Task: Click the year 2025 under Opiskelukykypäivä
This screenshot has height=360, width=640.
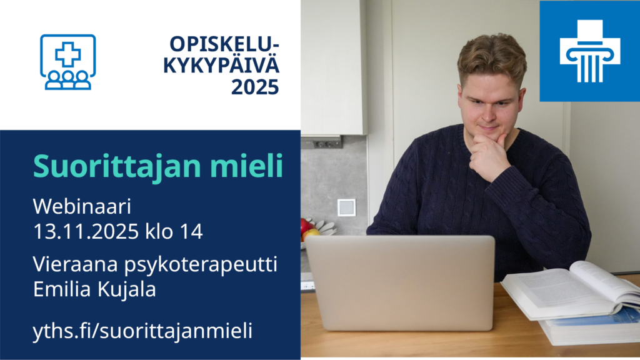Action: click(x=255, y=87)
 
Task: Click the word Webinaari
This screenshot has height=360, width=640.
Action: click(x=82, y=206)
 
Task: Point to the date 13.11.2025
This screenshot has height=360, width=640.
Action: click(x=86, y=231)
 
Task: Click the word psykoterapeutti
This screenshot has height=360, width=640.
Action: click(x=201, y=265)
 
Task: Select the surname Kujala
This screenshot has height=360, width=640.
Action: click(x=126, y=289)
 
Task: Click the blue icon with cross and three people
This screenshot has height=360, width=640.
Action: click(x=68, y=62)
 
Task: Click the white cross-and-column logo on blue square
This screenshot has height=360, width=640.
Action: click(x=590, y=51)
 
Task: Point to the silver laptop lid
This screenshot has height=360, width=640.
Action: click(x=401, y=282)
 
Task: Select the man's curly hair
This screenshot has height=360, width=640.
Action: click(x=492, y=57)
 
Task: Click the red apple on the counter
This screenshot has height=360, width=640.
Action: click(x=306, y=226)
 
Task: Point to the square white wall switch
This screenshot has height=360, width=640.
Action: click(x=346, y=207)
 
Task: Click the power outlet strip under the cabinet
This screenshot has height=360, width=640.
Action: click(x=327, y=143)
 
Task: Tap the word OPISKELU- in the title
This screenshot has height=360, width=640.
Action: click(x=224, y=44)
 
